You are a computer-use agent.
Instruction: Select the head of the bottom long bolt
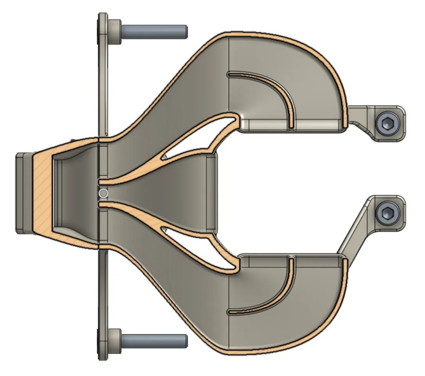[115, 340]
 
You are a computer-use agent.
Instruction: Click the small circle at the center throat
[103, 193]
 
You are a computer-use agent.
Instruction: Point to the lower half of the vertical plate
[103, 298]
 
